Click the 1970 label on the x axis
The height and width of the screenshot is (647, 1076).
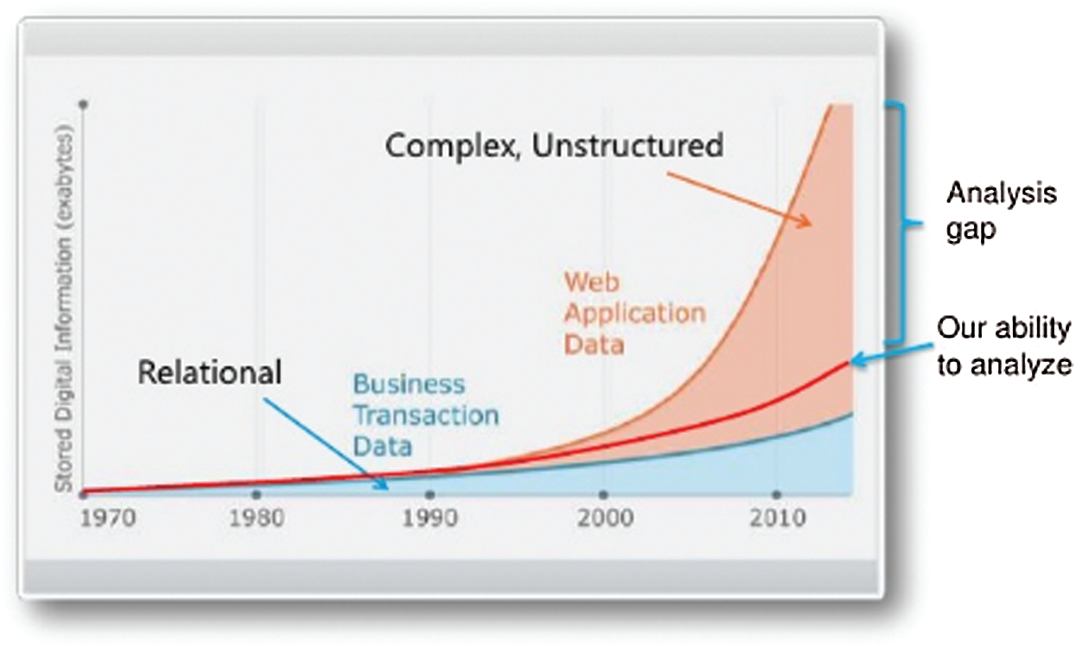pyautogui.click(x=108, y=518)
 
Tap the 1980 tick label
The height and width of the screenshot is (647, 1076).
pyautogui.click(x=257, y=518)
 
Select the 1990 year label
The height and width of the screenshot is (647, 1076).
pyautogui.click(x=430, y=518)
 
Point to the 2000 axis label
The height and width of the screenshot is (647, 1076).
pyautogui.click(x=605, y=518)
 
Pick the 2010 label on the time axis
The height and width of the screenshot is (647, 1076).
pyautogui.click(x=778, y=518)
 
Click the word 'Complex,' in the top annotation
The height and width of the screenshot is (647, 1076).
pyautogui.click(x=453, y=146)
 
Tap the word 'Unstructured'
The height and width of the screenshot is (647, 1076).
pyautogui.click(x=627, y=145)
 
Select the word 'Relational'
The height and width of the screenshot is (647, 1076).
pyautogui.click(x=210, y=372)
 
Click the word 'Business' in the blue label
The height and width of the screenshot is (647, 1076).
pyautogui.click(x=410, y=384)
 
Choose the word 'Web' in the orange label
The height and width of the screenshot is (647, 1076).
pyautogui.click(x=592, y=282)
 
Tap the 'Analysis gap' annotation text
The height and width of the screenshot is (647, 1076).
pyautogui.click(x=1002, y=212)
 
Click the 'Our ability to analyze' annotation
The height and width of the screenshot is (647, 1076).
pyautogui.click(x=1006, y=346)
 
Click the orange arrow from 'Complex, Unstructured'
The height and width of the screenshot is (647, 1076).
pyautogui.click(x=740, y=200)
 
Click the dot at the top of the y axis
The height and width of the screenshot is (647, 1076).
pyautogui.click(x=84, y=104)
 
